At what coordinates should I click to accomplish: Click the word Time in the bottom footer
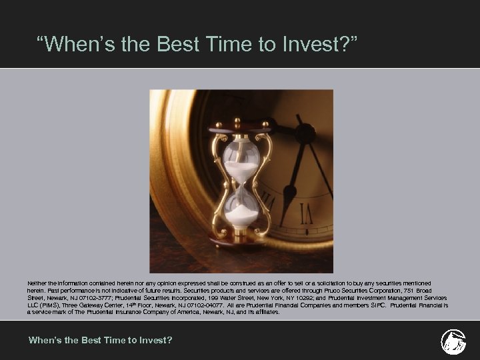pyautogui.click(x=113, y=341)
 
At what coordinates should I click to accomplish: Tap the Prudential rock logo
pyautogui.click(x=453, y=341)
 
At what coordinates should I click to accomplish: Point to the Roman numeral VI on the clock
pyautogui.click(x=307, y=214)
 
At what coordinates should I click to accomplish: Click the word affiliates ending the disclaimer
pyautogui.click(x=265, y=312)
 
